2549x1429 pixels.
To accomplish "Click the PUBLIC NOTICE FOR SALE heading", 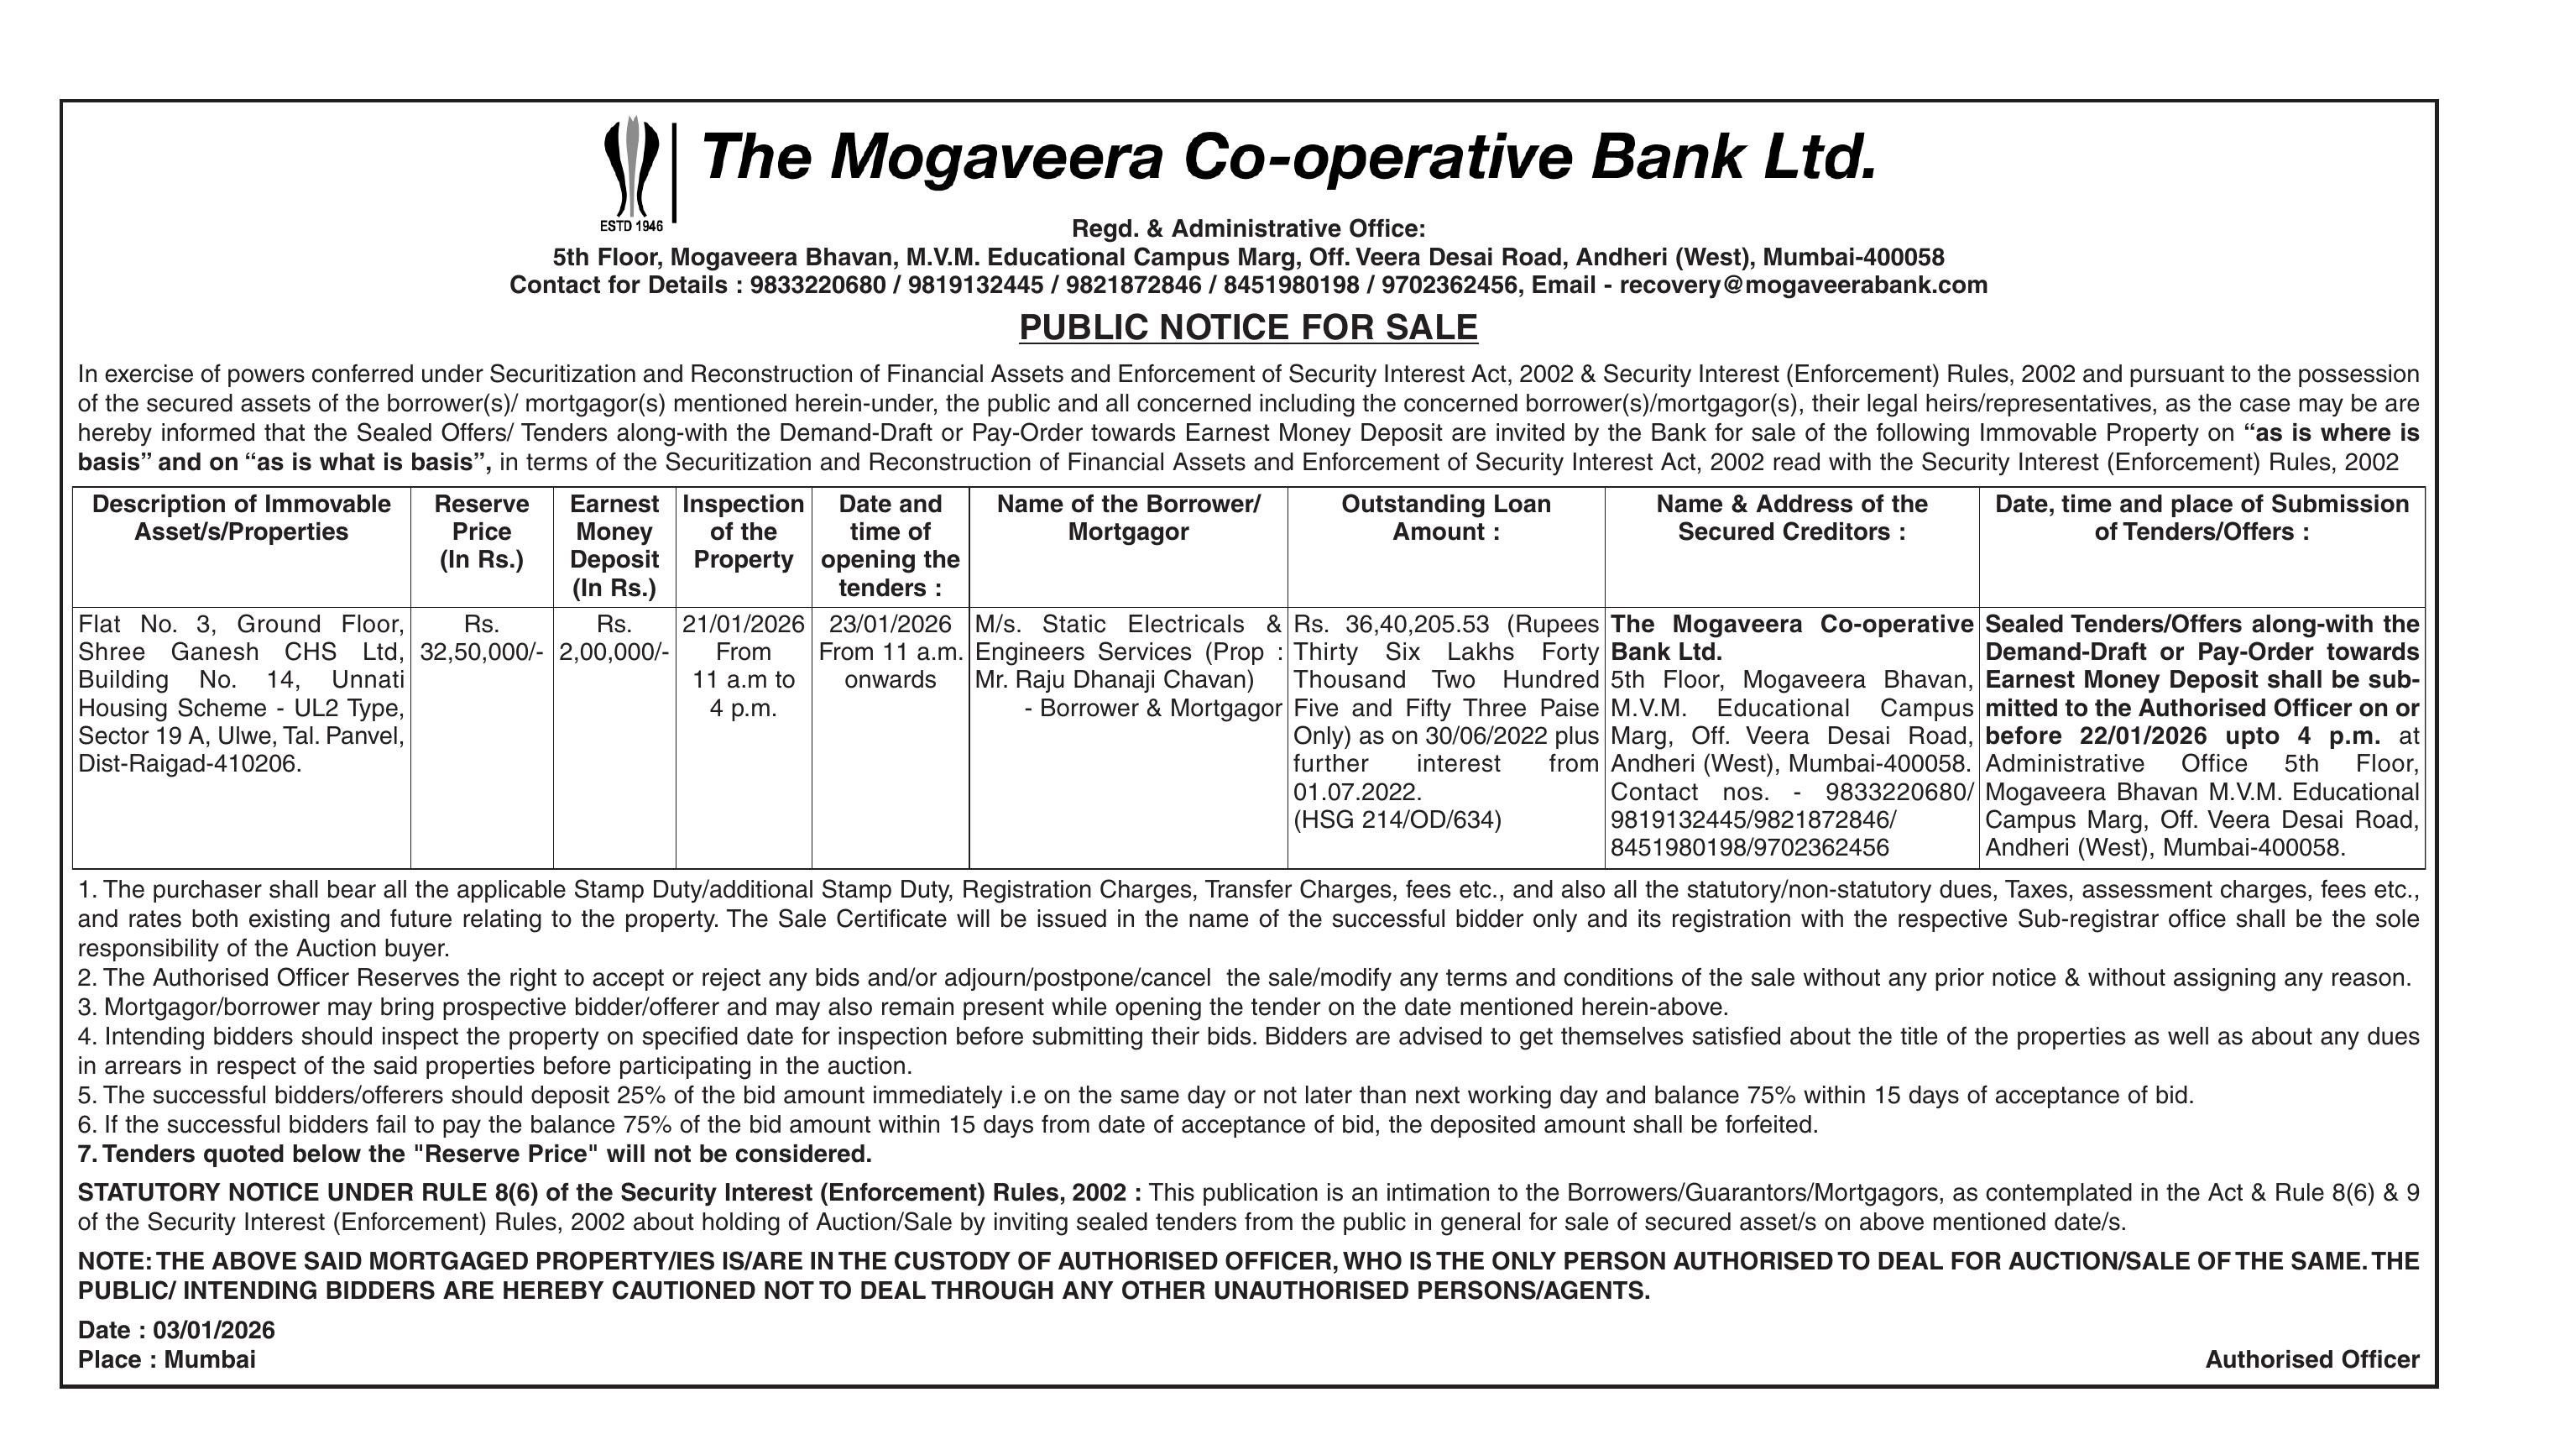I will (x=1248, y=327).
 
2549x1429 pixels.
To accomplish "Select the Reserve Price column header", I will (x=481, y=531).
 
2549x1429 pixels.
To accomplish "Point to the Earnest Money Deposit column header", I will (x=614, y=545).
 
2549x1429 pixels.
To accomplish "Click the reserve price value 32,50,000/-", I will (x=481, y=652).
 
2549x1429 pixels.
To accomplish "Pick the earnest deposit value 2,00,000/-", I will (x=614, y=652).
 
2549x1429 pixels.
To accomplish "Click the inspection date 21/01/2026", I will (x=743, y=625).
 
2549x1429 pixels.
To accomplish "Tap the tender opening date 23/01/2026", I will (x=890, y=625).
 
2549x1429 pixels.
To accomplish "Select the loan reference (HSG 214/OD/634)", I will (x=1397, y=820).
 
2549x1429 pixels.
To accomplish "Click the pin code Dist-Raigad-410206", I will (x=190, y=764).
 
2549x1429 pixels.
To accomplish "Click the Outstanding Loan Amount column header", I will (x=1444, y=517).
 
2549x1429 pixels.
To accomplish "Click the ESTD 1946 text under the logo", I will (x=631, y=227).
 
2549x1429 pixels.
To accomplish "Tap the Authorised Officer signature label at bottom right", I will (x=2311, y=1359).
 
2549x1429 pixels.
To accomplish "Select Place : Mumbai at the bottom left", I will (x=166, y=1359).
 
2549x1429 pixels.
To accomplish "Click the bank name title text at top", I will (x=1288, y=159).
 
